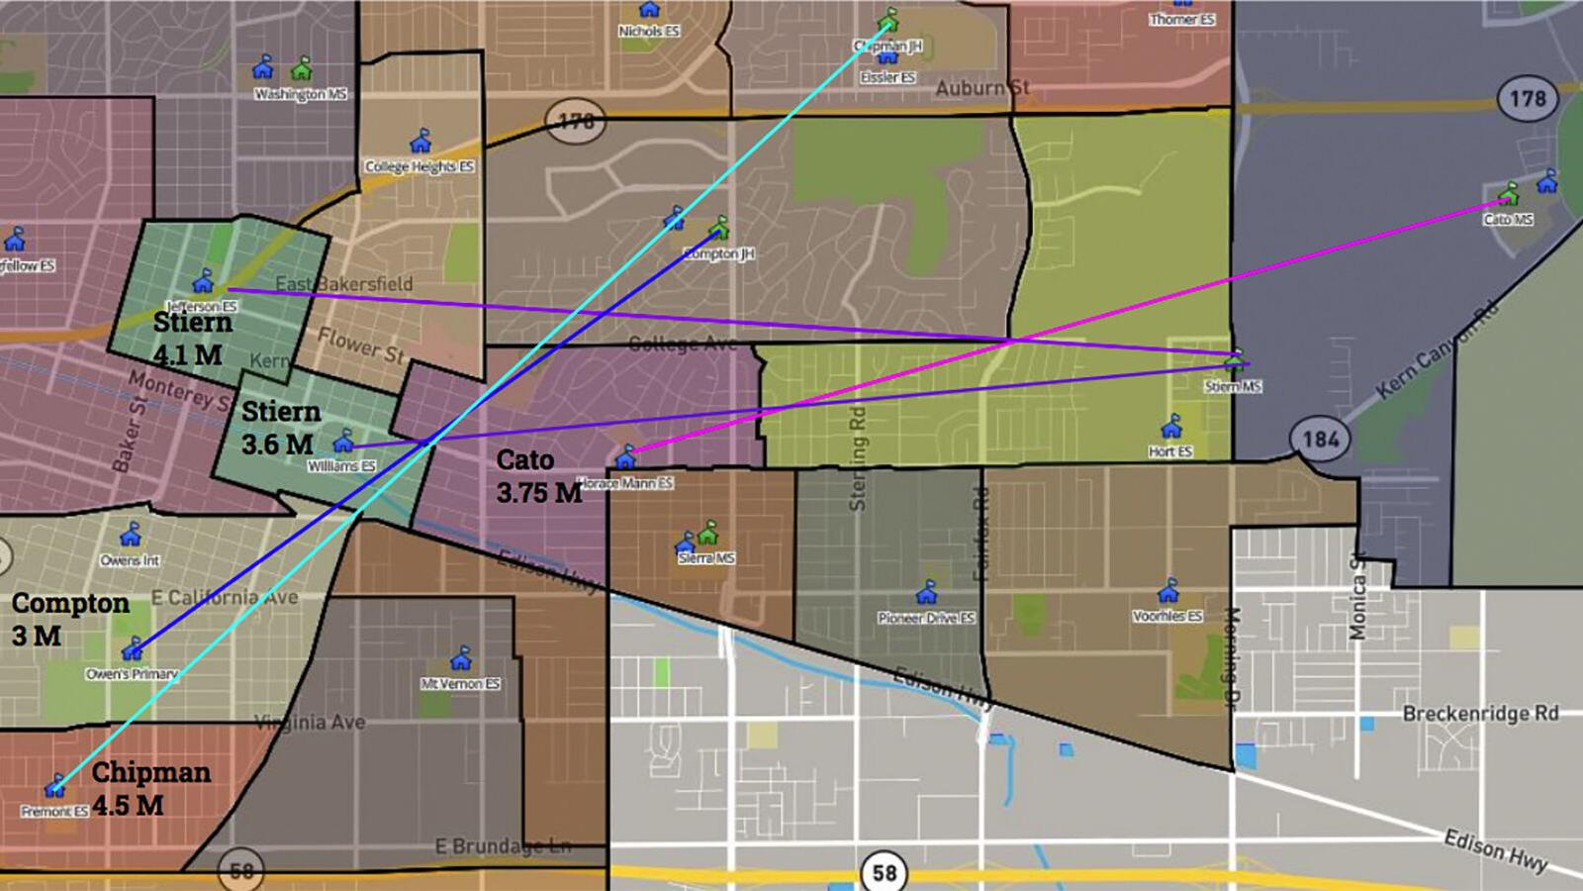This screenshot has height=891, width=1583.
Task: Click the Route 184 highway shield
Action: tap(1320, 439)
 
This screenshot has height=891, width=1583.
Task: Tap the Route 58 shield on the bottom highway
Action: tap(883, 872)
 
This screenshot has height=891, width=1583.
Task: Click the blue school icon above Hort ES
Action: tap(1172, 427)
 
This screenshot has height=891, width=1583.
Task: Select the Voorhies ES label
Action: tap(1167, 616)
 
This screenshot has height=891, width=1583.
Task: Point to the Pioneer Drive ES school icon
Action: tap(927, 593)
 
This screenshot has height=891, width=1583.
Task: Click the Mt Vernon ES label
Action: tap(460, 683)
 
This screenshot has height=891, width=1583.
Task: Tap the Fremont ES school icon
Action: tap(55, 787)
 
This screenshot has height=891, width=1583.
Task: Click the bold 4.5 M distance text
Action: tap(129, 805)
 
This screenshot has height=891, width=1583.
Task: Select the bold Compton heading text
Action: tap(70, 603)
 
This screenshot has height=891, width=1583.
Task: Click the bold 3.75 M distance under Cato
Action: tap(539, 492)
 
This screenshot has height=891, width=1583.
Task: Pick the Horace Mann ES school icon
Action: tap(625, 456)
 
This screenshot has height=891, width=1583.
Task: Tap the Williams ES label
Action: tap(341, 465)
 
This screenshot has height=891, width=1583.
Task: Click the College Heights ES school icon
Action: tap(421, 141)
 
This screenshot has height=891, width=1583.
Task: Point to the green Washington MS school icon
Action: tap(302, 68)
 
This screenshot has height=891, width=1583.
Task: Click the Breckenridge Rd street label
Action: tap(1480, 714)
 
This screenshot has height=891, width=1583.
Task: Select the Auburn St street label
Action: tap(982, 88)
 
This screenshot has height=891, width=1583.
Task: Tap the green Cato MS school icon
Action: tap(1509, 193)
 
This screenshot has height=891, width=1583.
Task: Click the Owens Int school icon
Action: tap(131, 536)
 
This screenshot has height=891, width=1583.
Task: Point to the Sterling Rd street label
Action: tap(858, 458)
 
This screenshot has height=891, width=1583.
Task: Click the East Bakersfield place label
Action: tap(344, 284)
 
